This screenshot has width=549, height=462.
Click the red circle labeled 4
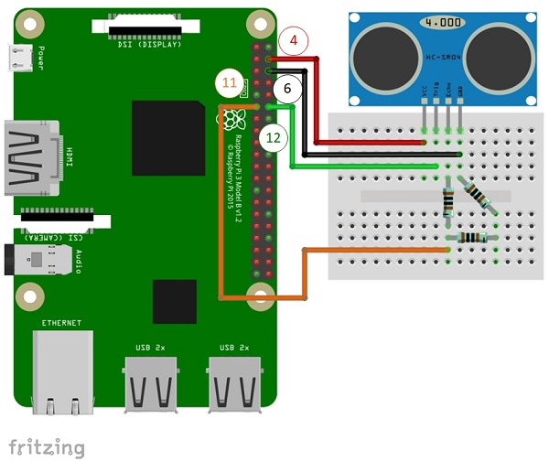294,40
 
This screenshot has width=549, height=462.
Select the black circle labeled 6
286,89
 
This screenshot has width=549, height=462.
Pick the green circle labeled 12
272,138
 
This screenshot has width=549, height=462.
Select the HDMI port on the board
29,157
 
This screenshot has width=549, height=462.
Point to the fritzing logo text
47,446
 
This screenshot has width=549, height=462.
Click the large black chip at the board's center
167,138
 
